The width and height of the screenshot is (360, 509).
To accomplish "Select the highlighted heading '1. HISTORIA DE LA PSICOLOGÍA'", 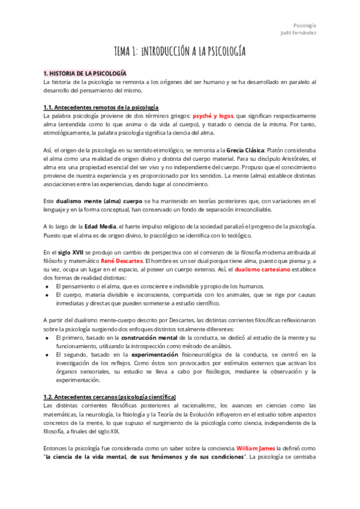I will coord(85,73).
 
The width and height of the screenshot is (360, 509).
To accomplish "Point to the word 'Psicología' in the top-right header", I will coord(304,25).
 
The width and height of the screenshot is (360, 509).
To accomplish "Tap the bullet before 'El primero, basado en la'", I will coord(47,339).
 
